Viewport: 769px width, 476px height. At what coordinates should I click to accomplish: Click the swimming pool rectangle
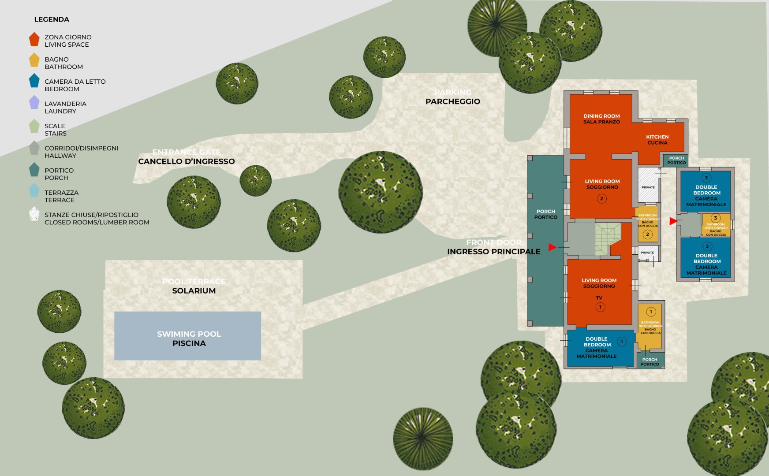pos(187,336)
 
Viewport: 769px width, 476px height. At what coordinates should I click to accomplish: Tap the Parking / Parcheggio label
pos(453,97)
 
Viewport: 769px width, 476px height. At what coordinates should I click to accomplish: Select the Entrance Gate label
pos(187,157)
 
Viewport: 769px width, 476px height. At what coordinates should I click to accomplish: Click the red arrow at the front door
pos(552,247)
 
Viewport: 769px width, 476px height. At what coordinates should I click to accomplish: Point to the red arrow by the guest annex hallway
pos(673,221)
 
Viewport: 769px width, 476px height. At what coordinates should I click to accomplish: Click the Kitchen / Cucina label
pos(657,140)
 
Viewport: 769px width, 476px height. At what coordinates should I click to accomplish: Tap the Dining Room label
pos(601,119)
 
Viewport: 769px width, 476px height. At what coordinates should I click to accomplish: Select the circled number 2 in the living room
pos(601,199)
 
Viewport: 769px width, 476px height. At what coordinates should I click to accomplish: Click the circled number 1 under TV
pos(600,307)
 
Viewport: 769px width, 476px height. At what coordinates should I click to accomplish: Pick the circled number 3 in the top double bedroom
pos(706,178)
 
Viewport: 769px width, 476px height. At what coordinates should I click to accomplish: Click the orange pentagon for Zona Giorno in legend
pos(34,40)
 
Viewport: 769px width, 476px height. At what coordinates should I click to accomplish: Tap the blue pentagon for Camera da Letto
pos(34,81)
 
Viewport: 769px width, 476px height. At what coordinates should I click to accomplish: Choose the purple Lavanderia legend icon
pos(34,103)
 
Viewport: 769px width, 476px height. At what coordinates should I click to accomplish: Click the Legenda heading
pos(52,19)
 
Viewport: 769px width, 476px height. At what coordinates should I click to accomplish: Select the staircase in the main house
pos(608,239)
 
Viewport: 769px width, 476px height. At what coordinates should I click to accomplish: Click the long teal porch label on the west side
pos(546,214)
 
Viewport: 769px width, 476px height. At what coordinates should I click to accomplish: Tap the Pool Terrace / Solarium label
pos(194,286)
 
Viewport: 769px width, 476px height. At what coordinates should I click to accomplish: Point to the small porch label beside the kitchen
pos(676,160)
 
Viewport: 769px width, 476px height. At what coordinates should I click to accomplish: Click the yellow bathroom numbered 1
pos(650,326)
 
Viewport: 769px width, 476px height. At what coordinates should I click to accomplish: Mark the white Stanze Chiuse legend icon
pos(34,214)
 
